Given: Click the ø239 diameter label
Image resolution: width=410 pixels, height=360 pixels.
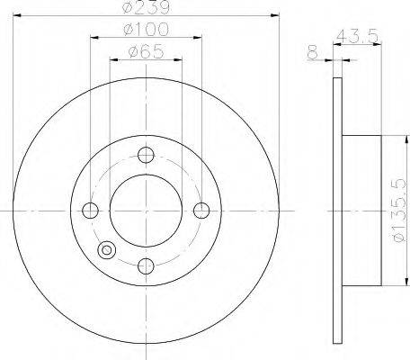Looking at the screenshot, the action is pyautogui.click(x=147, y=6).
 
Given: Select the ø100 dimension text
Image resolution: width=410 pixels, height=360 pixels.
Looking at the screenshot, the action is pyautogui.click(x=147, y=29).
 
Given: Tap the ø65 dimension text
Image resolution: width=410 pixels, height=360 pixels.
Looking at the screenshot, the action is pyautogui.click(x=147, y=51).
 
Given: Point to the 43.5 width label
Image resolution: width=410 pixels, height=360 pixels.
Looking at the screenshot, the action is pyautogui.click(x=357, y=36).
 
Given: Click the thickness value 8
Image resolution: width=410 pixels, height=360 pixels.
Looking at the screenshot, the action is pyautogui.click(x=313, y=52).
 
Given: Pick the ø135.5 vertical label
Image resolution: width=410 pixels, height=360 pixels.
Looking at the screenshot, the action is pyautogui.click(x=398, y=211).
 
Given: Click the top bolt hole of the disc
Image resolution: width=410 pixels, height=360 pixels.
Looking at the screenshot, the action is pyautogui.click(x=146, y=155).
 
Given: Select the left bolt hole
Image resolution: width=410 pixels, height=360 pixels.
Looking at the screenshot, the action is pyautogui.click(x=90, y=211).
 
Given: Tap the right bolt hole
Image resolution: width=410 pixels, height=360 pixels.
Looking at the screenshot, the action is pyautogui.click(x=201, y=211).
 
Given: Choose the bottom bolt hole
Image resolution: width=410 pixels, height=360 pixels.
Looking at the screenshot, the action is pyautogui.click(x=146, y=265).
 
